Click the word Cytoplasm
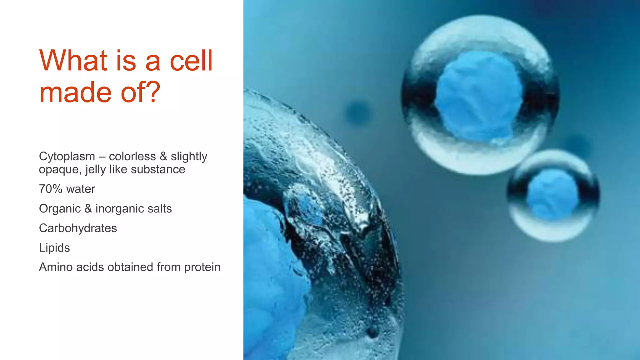pyautogui.click(x=67, y=157)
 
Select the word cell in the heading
pyautogui.click(x=191, y=60)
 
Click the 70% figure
pyautogui.click(x=50, y=189)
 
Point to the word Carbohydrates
pyautogui.click(x=78, y=228)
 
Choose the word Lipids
pyautogui.click(x=54, y=248)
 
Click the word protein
pyautogui.click(x=202, y=267)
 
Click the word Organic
pyautogui.click(x=60, y=209)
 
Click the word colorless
pyautogui.click(x=132, y=157)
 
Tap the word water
pyautogui.click(x=81, y=189)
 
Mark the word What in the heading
pyautogui.click(x=73, y=60)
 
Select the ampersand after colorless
pyautogui.click(x=163, y=157)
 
